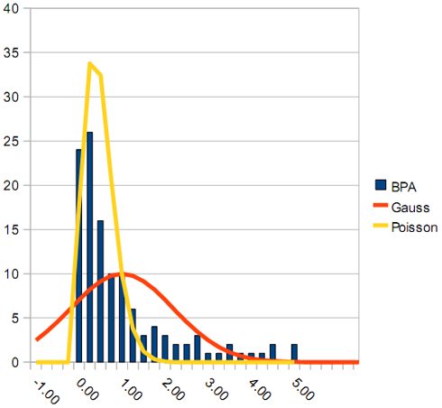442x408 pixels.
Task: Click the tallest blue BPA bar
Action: click(x=89, y=246)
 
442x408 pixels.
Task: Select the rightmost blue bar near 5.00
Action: click(x=294, y=353)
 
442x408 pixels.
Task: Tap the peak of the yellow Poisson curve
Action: click(x=89, y=63)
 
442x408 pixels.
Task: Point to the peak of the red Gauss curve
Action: click(x=124, y=274)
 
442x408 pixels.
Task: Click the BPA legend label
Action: click(x=403, y=187)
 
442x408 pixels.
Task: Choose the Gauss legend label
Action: click(x=410, y=208)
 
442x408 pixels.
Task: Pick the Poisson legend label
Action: click(x=414, y=227)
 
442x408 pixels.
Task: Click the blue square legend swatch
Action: click(x=381, y=185)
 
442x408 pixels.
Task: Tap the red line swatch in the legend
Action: click(x=381, y=205)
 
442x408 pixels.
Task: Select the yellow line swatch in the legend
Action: click(x=381, y=226)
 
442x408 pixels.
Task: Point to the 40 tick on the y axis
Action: click(x=11, y=8)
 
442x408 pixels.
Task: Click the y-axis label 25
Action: click(x=11, y=141)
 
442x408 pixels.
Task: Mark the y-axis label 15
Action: click(x=11, y=229)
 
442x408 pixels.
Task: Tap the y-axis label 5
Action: click(x=15, y=318)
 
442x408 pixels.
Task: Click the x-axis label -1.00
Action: click(x=46, y=392)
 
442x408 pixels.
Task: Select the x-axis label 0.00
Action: click(x=87, y=390)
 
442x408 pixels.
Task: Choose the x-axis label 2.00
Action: click(x=173, y=390)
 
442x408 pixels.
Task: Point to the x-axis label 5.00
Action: click(x=303, y=390)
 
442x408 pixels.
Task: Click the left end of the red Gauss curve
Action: click(x=36, y=339)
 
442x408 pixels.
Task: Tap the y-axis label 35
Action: click(x=11, y=52)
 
